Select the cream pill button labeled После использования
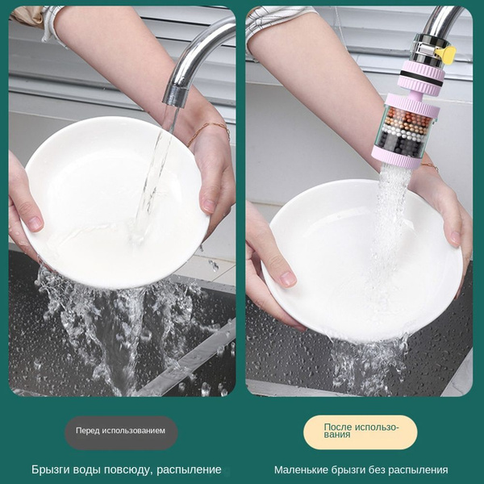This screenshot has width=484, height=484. click(361, 432)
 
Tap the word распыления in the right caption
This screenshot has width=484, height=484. click(418, 470)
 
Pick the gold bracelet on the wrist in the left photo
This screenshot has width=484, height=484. click(209, 132)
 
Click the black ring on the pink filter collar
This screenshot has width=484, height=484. click(423, 77)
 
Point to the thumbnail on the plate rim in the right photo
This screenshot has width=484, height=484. click(288, 278)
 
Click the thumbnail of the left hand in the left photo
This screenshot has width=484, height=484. click(35, 223)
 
